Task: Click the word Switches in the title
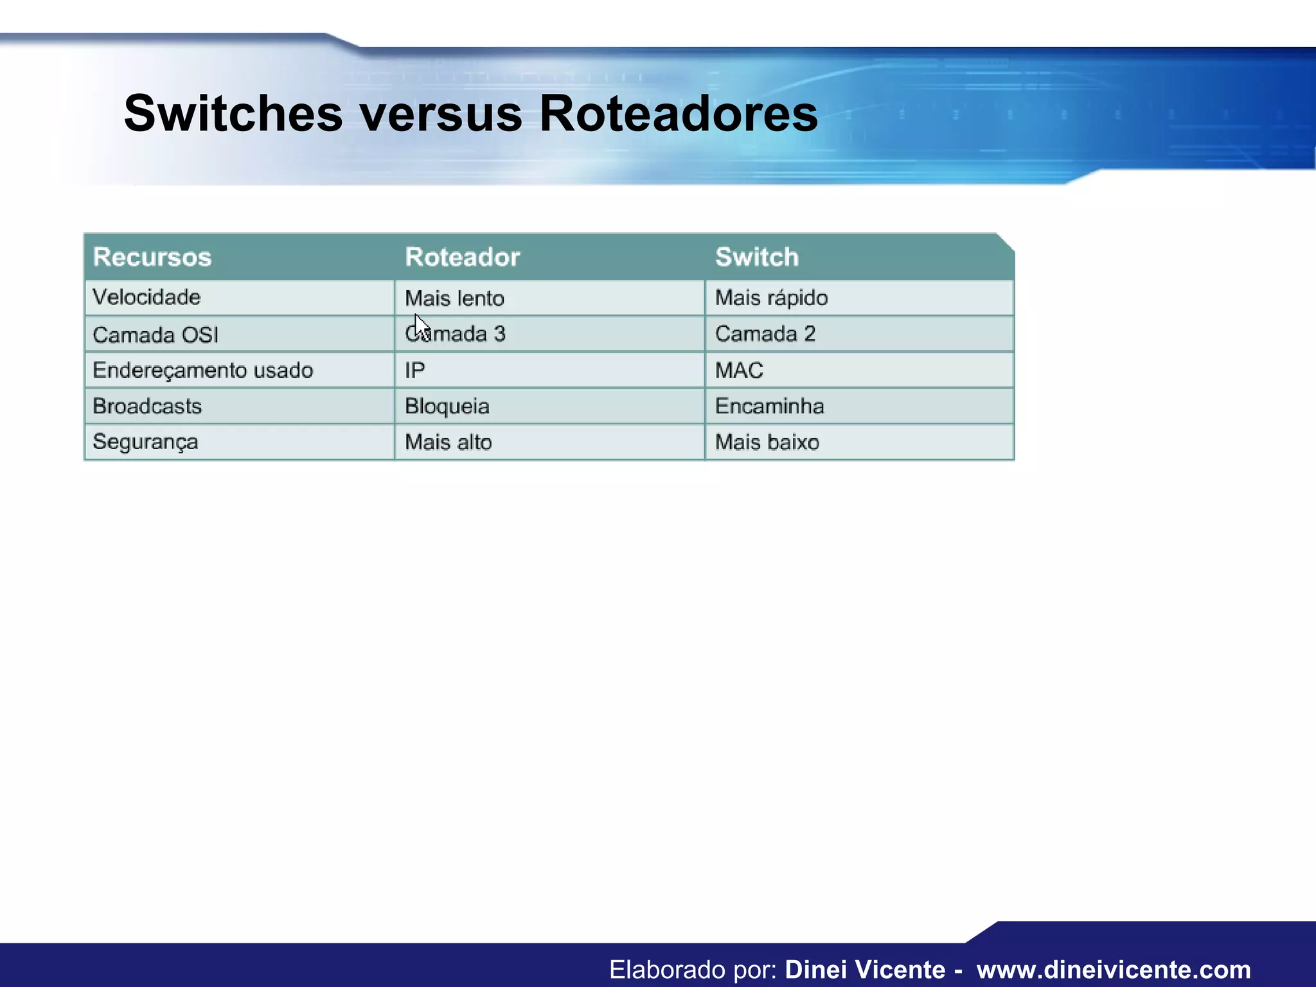point(233,113)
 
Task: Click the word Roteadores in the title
point(678,113)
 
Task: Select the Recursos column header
point(152,257)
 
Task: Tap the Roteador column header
point(462,257)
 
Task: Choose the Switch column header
point(757,257)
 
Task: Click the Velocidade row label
point(147,298)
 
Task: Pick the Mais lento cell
point(454,298)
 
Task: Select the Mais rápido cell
point(771,298)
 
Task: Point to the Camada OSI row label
point(156,335)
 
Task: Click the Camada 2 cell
point(765,334)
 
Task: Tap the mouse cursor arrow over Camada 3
point(421,326)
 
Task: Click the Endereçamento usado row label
point(202,370)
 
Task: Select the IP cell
point(414,371)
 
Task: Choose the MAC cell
point(739,371)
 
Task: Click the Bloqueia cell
point(447,407)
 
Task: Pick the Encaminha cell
point(769,406)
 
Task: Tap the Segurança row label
point(145,443)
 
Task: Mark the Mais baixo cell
point(767,443)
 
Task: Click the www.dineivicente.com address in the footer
point(1114,969)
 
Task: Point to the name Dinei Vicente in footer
point(865,969)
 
